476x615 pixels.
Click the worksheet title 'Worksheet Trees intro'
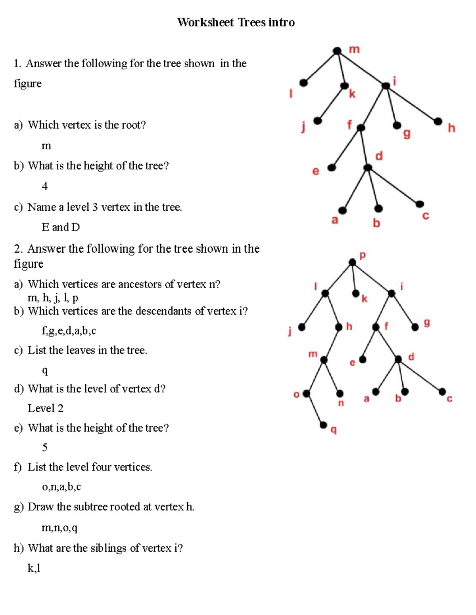coord(236,22)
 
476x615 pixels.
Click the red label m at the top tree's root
coord(354,50)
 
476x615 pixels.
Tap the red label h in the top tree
coord(451,128)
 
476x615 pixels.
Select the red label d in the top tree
coord(379,156)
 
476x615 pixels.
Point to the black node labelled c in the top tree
coord(420,204)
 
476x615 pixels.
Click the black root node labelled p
coord(352,262)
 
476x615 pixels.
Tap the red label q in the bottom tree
coord(334,430)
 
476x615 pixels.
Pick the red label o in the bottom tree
coord(296,394)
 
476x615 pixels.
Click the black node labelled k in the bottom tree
coord(356,293)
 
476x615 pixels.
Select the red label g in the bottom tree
coord(427,323)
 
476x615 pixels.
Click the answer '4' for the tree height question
coord(44,186)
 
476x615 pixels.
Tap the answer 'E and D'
coord(61,227)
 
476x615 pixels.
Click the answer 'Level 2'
coord(45,408)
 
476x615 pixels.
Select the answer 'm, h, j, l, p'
coord(53,298)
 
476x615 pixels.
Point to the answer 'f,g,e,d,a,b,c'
coord(69,331)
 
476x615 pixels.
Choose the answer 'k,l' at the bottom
coord(34,568)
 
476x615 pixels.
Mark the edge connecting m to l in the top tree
coord(320,67)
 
